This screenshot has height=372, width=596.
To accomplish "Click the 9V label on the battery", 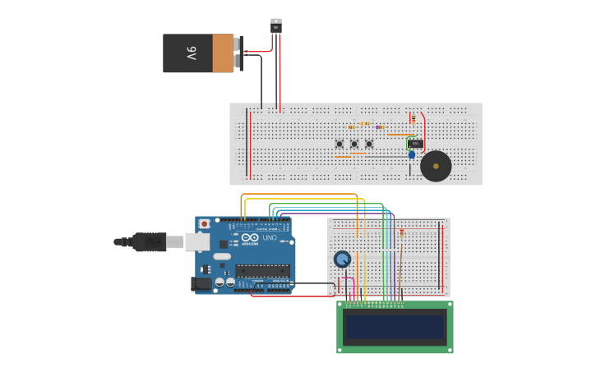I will pyautogui.click(x=191, y=53).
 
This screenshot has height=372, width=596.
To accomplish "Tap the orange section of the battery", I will pyautogui.click(x=223, y=53).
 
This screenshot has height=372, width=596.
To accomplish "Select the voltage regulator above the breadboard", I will pyautogui.click(x=276, y=25).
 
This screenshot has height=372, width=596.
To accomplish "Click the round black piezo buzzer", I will pyautogui.click(x=436, y=166).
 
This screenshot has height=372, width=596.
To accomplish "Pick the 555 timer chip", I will pyautogui.click(x=416, y=144).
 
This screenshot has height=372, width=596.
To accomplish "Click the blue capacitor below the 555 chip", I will pyautogui.click(x=412, y=154).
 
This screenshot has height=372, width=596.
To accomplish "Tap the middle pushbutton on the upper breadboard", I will pyautogui.click(x=354, y=145).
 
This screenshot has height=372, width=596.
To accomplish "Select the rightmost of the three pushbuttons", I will pyautogui.click(x=369, y=145).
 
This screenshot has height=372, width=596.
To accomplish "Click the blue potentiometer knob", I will pyautogui.click(x=342, y=259).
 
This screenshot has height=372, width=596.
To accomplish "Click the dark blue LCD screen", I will pyautogui.click(x=395, y=327).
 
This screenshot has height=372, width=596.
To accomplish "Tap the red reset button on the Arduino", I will pyautogui.click(x=204, y=223).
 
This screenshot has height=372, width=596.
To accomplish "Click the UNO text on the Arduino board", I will pyautogui.click(x=270, y=238).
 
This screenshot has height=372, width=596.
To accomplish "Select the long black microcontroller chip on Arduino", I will pyautogui.click(x=262, y=270).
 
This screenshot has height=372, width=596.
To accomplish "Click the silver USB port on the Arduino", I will pyautogui.click(x=196, y=241).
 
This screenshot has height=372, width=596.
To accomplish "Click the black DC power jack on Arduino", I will pyautogui.click(x=200, y=284).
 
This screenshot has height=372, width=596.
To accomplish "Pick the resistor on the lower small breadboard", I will pyautogui.click(x=401, y=232).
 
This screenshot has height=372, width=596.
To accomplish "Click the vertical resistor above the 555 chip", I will pyautogui.click(x=414, y=119).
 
